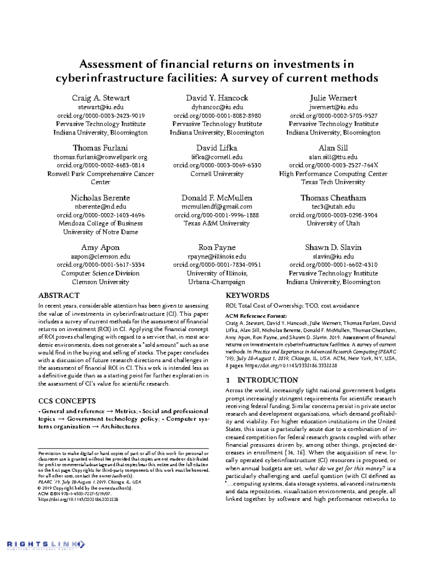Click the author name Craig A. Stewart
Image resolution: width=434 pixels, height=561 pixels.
tap(101, 98)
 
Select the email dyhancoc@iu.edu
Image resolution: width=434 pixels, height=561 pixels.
tap(217, 107)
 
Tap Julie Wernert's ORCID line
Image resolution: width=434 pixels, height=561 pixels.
tap(333, 116)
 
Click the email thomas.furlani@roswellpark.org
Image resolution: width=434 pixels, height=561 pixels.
tap(101, 157)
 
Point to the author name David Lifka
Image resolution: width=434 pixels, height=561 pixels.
tap(217, 148)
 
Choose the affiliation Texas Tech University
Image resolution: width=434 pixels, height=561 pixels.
tap(333, 182)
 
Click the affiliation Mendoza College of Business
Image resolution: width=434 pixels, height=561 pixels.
tap(101, 223)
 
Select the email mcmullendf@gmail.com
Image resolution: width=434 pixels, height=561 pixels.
tap(217, 207)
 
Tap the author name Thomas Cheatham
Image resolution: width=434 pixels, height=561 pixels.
tap(333, 198)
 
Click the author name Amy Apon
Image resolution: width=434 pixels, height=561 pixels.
tap(100, 247)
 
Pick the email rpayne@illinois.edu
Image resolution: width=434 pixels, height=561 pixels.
tap(217, 256)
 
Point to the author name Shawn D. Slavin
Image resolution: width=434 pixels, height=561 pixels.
tap(333, 247)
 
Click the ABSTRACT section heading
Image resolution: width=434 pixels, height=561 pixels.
tap(59, 295)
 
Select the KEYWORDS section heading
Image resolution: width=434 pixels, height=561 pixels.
tap(247, 295)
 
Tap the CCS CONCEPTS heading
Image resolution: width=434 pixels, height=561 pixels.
tap(67, 401)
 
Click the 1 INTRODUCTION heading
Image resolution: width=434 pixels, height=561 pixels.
tap(261, 380)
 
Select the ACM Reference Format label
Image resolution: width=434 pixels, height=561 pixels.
tap(256, 316)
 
